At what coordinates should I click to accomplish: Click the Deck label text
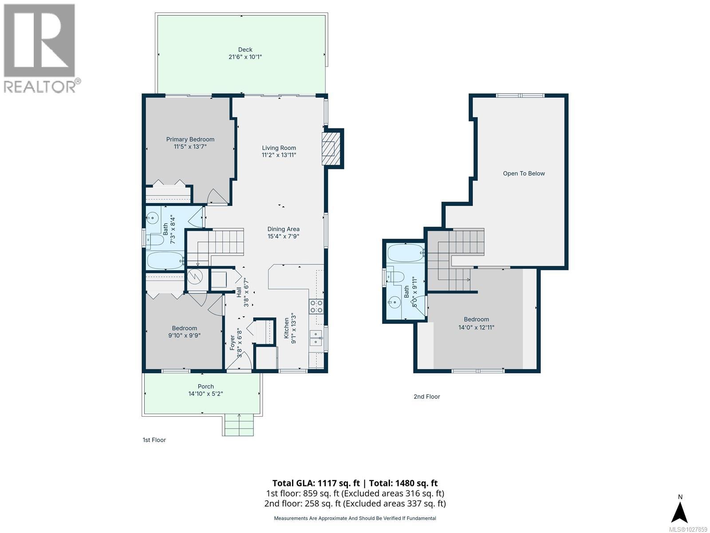(x=245, y=50)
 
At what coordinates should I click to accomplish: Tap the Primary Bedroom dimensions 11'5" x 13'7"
(x=190, y=147)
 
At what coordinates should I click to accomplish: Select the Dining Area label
(x=283, y=229)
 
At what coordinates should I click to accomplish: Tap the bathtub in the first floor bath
(x=164, y=261)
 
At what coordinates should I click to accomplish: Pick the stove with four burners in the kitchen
(x=316, y=306)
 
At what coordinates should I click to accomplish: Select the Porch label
(x=205, y=386)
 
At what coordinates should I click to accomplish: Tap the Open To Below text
(x=524, y=174)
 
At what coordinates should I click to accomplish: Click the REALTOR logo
(x=40, y=48)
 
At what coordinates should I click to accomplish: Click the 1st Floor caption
(x=154, y=440)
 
